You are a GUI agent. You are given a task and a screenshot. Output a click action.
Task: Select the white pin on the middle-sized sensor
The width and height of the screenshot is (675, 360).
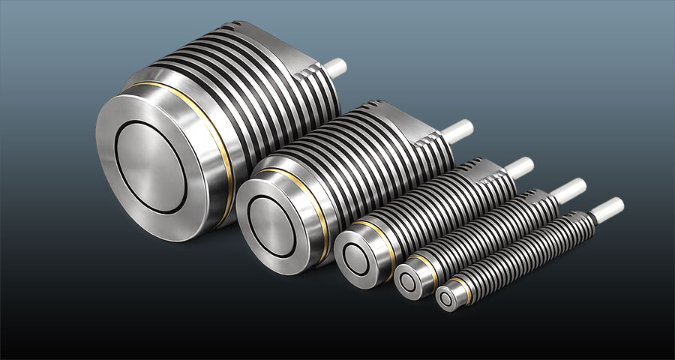click(518, 167)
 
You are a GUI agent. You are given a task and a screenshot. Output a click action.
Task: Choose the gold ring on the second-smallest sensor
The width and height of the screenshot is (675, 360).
click(430, 263)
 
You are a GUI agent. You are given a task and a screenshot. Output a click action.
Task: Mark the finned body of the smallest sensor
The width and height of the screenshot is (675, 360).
click(525, 247)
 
